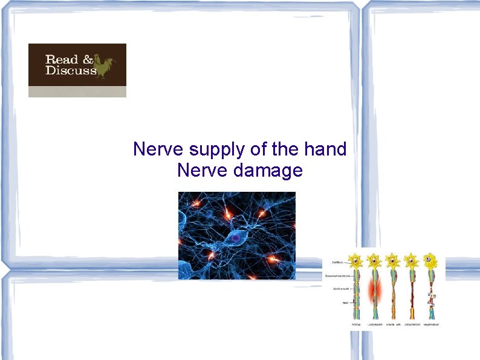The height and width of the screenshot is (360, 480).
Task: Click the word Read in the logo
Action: (62, 60)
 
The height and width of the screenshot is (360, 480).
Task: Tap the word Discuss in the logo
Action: (71, 71)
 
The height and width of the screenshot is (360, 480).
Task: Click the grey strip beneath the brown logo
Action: (77, 91)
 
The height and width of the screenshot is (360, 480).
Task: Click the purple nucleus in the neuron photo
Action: (234, 239)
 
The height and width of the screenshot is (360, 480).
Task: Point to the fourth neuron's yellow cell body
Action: (412, 261)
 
